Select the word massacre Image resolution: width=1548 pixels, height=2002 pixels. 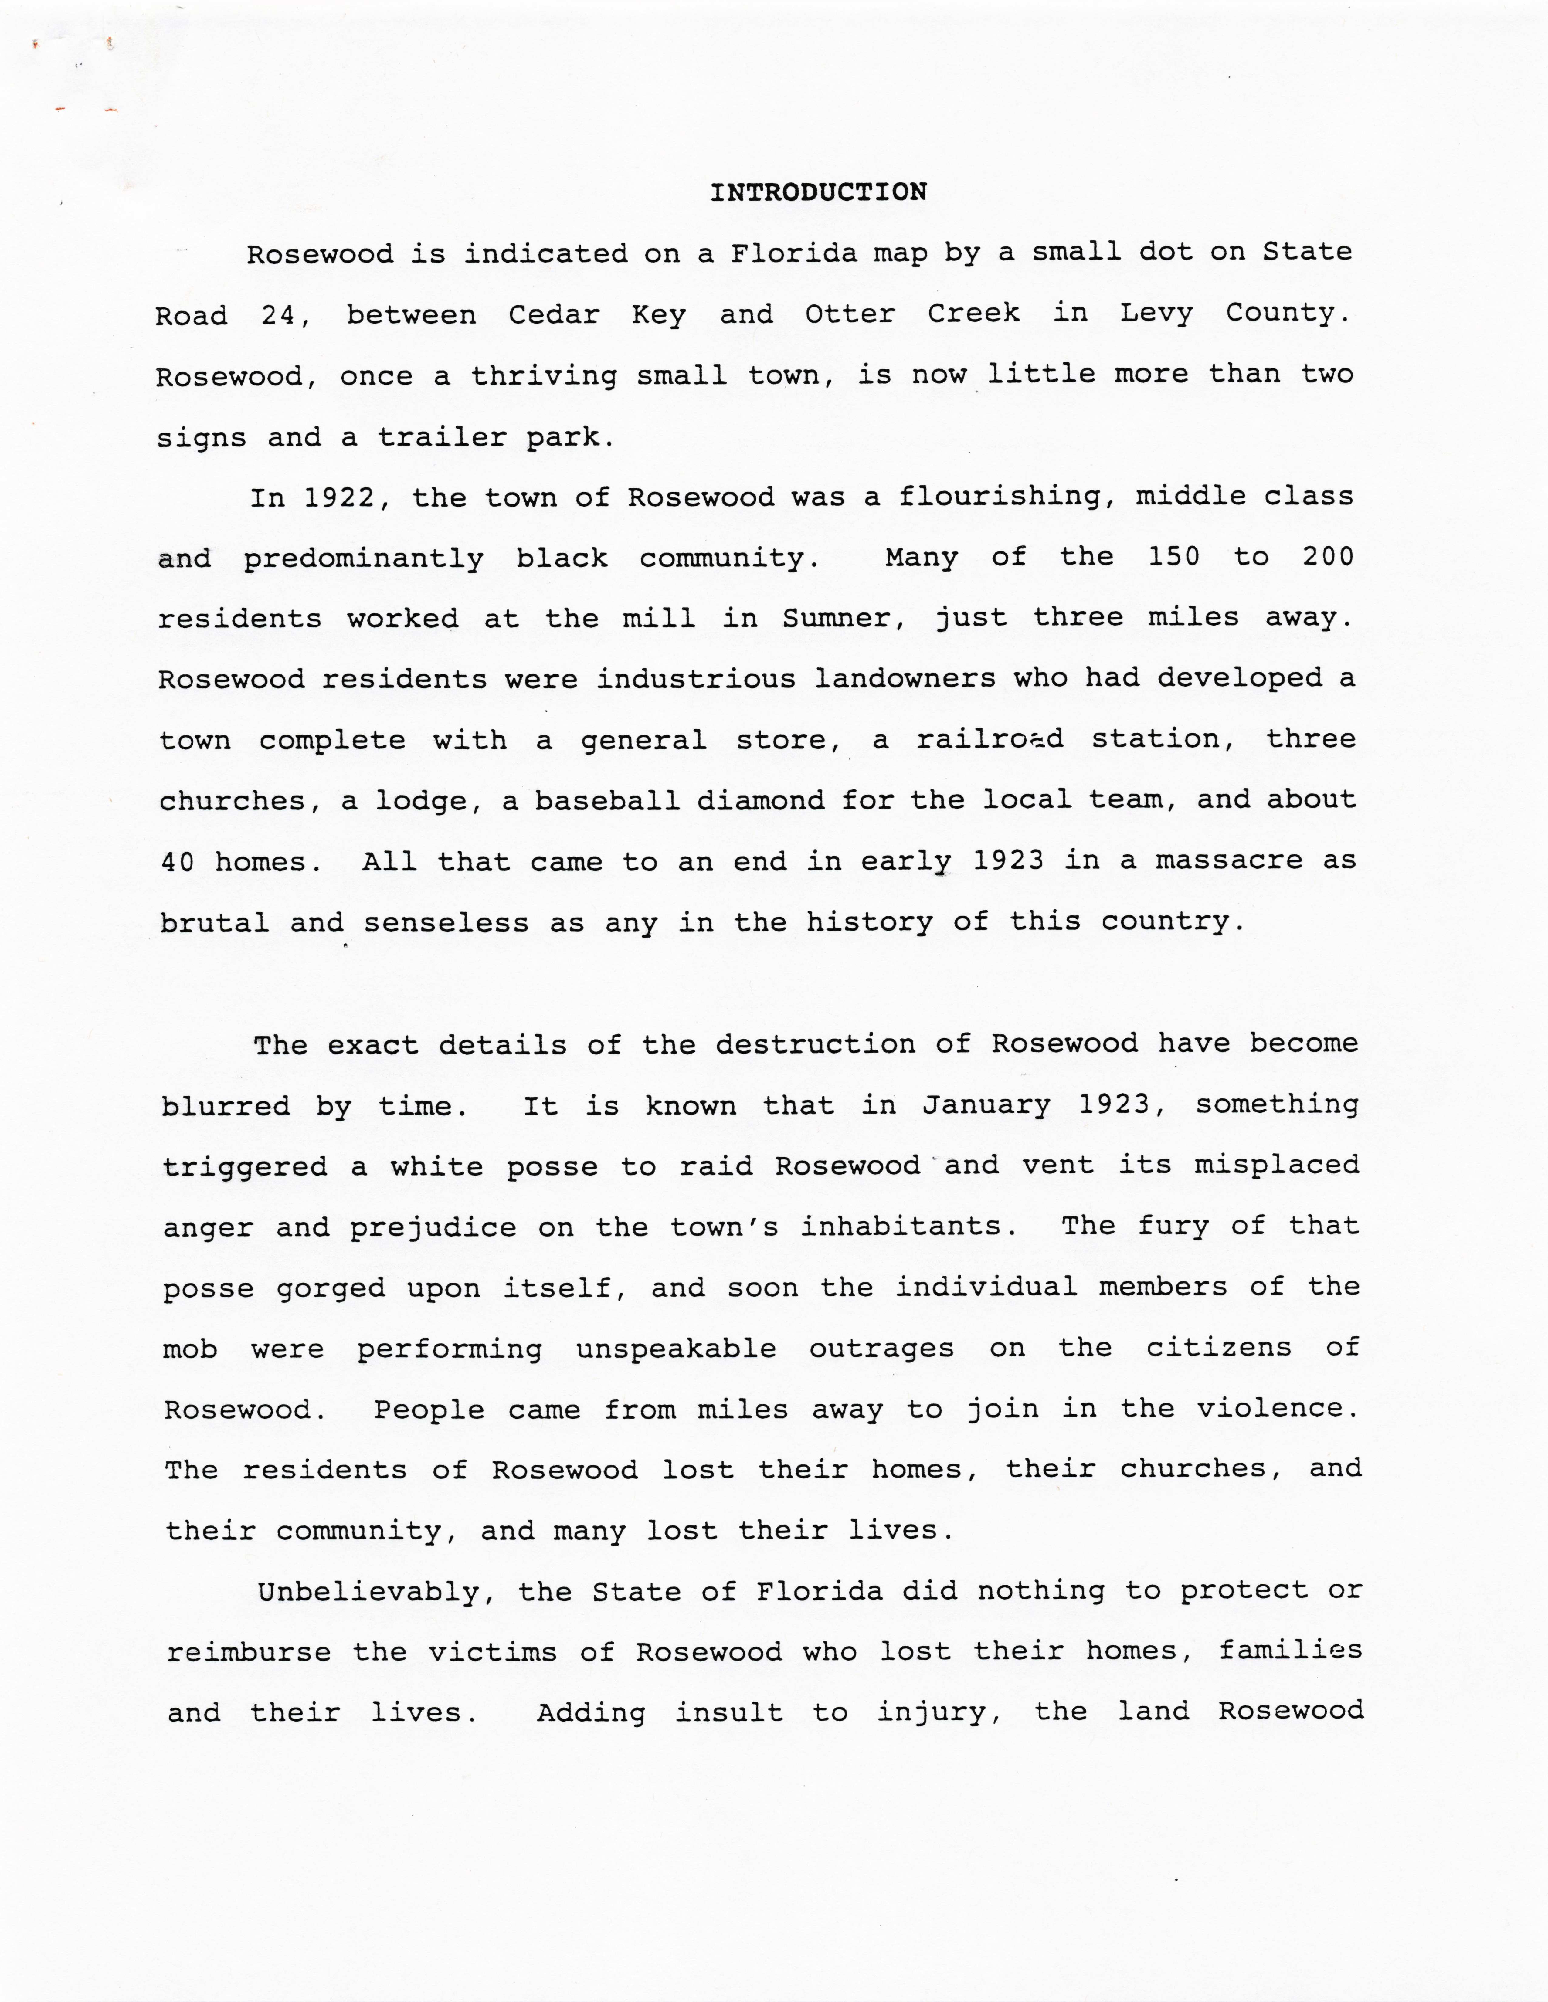(x=1228, y=861)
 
